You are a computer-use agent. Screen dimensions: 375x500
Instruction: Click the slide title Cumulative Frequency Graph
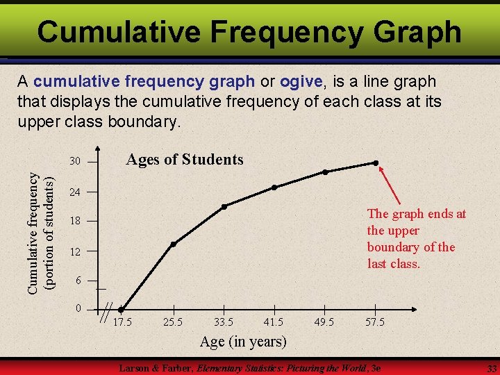249,31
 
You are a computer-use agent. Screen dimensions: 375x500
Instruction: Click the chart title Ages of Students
184,160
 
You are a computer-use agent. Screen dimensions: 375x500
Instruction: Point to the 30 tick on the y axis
76,162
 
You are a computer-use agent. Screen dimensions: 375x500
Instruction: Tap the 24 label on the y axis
76,192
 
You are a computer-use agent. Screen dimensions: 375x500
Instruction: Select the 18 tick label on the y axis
76,221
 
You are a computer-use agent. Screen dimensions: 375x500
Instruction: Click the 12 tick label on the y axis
76,251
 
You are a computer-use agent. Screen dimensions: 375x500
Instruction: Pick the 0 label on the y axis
78,308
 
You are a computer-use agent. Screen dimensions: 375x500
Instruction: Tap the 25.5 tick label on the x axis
173,322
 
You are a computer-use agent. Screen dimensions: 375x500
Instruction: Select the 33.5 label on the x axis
224,322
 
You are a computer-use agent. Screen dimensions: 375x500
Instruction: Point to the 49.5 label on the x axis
324,322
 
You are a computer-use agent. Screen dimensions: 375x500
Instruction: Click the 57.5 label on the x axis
375,322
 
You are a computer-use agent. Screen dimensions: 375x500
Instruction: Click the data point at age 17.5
122,310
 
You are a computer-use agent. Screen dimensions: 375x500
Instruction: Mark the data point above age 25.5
174,244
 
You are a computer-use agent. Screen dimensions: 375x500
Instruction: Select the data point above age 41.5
274,187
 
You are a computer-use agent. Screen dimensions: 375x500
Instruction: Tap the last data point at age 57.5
376,163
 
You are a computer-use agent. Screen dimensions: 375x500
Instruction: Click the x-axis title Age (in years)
243,342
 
